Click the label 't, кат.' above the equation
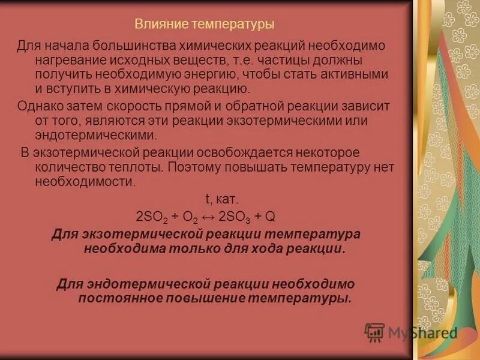(x=222, y=199)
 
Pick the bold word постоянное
(x=119, y=298)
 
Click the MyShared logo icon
(x=375, y=332)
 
